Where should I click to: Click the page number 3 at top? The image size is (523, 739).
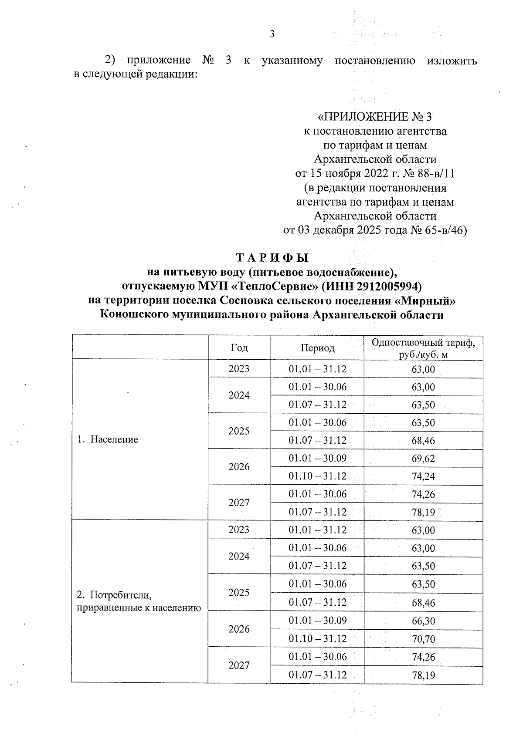272,34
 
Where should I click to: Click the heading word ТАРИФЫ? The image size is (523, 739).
272,258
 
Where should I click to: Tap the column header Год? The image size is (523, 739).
239,348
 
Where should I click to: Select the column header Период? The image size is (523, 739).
317,348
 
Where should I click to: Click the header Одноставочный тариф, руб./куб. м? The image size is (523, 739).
423,348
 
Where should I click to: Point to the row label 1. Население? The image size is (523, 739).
107,439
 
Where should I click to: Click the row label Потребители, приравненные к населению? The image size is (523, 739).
139,601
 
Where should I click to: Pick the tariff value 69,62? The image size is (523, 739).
423,459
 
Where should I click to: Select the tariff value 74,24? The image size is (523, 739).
423,476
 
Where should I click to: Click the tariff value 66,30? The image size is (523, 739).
423,621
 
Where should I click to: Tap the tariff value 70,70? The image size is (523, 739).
423,639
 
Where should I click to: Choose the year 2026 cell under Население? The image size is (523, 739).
239,467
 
